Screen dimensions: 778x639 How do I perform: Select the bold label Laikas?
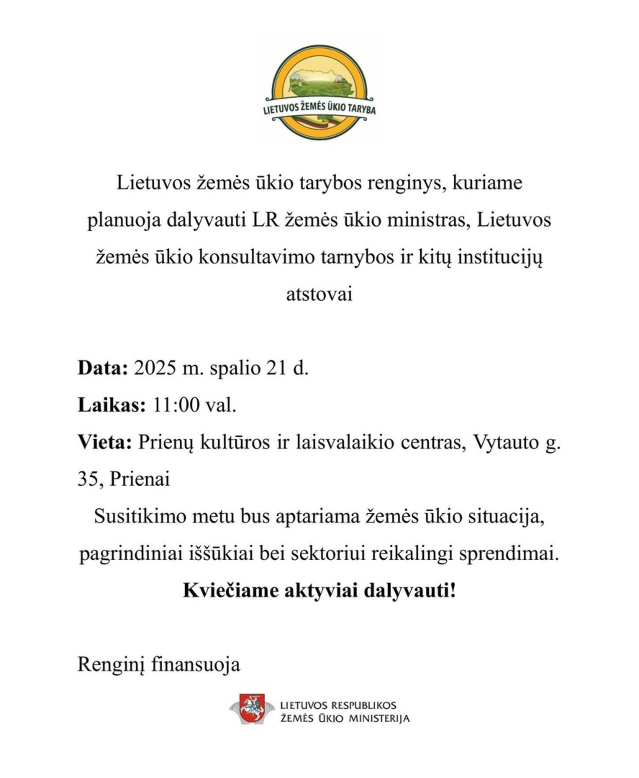pos(111,405)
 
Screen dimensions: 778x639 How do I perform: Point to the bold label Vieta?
pos(105,442)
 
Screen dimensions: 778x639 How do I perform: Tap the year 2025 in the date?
pos(155,368)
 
